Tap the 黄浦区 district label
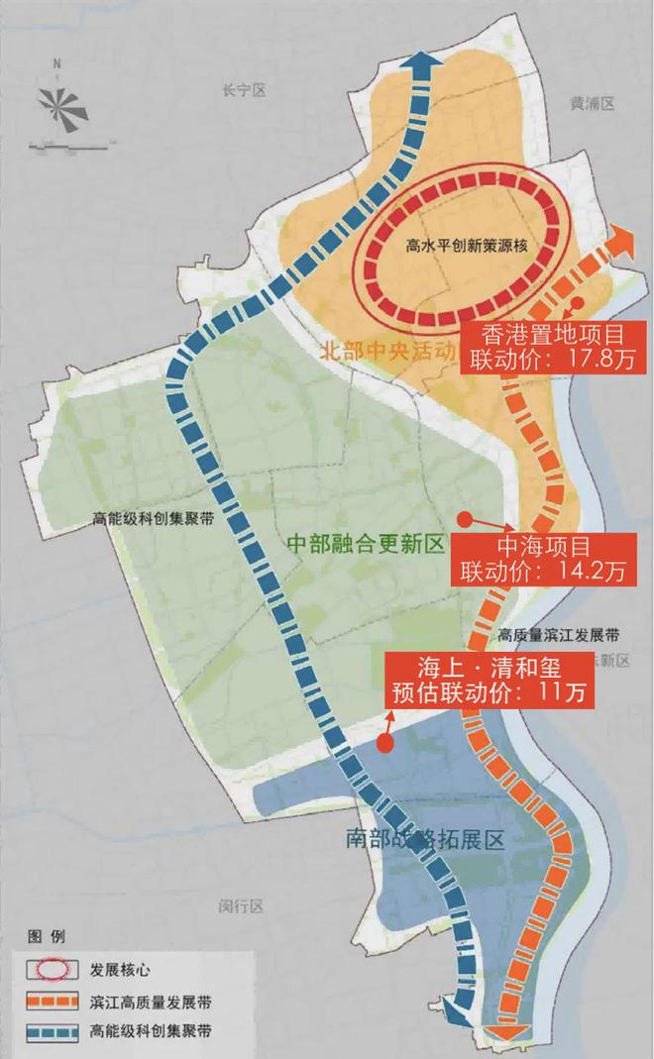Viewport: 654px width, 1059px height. coord(593,102)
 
